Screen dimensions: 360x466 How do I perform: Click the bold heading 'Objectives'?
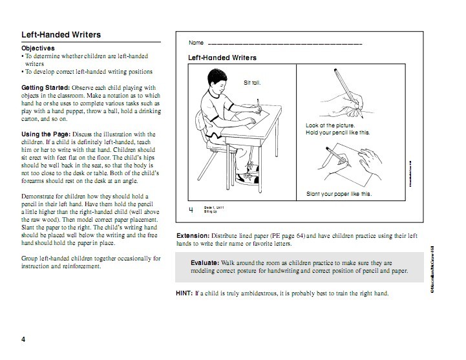(x=38, y=48)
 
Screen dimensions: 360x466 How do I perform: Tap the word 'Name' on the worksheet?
(x=196, y=43)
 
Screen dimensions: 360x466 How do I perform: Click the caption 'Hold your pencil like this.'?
(x=337, y=132)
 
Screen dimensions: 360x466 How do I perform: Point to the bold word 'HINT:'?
(x=184, y=293)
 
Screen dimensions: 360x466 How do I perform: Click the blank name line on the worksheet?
(x=284, y=44)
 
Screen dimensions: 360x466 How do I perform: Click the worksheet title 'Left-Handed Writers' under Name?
(x=222, y=58)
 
